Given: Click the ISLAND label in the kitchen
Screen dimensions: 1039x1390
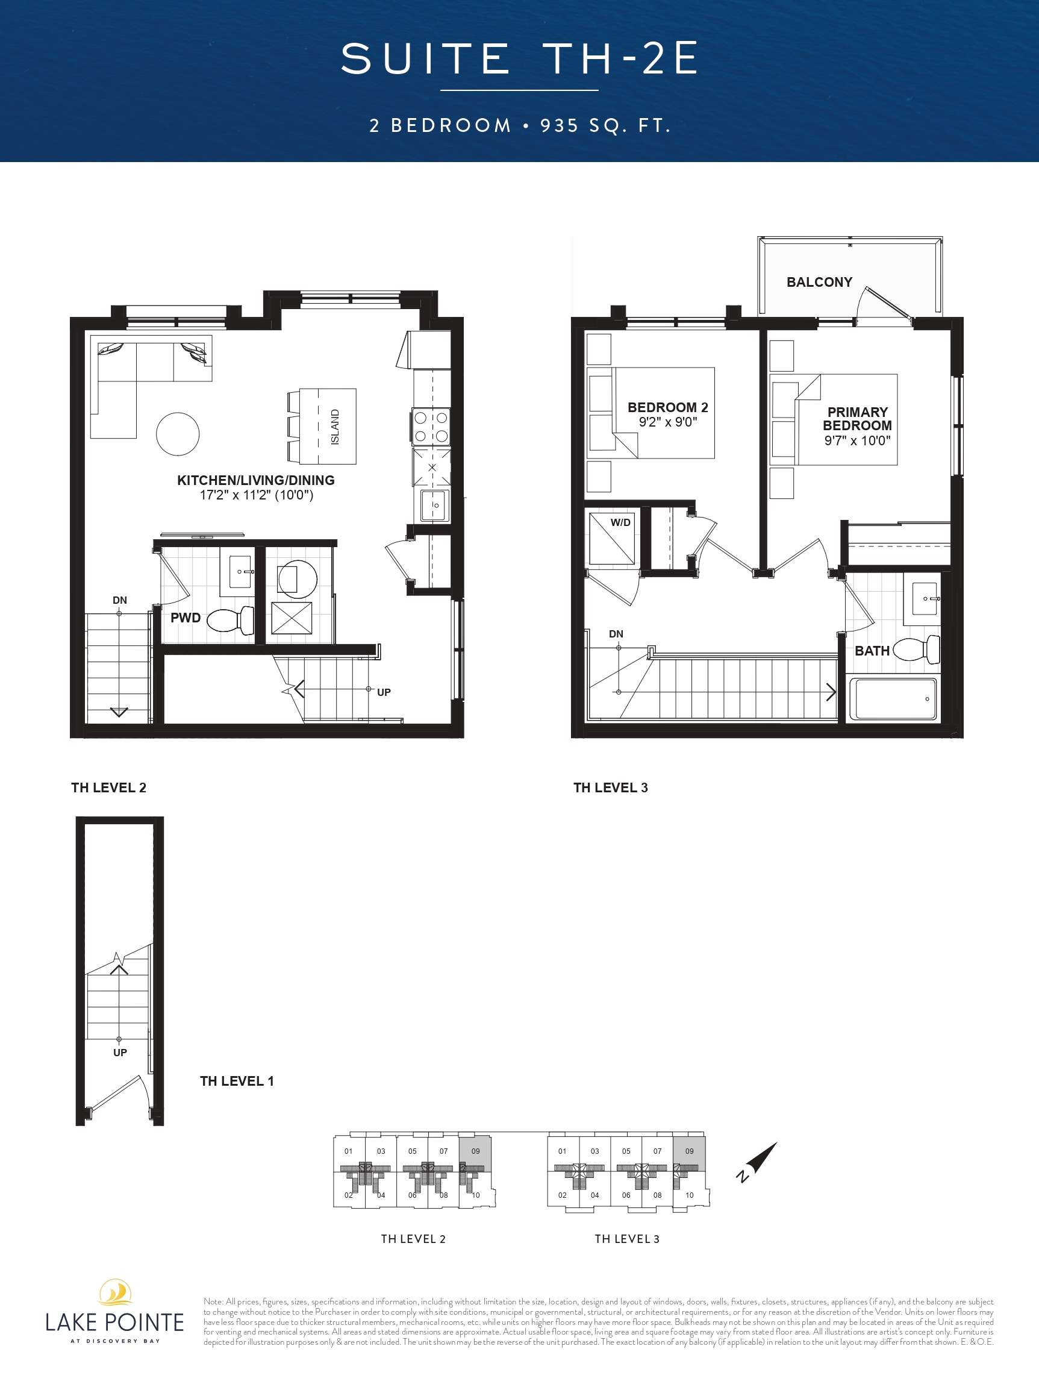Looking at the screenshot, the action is [335, 427].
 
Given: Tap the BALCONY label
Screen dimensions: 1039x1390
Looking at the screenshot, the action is [819, 282].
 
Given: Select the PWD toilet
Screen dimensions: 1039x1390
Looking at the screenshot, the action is [231, 620].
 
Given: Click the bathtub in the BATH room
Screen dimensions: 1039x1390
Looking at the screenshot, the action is [893, 699].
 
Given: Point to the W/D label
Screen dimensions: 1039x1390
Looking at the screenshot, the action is [620, 522].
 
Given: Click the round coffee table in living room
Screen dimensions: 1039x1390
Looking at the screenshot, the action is [178, 434].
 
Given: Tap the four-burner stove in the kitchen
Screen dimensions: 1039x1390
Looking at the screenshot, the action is [431, 426].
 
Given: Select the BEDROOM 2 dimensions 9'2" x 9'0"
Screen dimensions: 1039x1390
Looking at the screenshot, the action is [668, 422].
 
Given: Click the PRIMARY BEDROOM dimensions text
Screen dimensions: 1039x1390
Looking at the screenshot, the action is [858, 440].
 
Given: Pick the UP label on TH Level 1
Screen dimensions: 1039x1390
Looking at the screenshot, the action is [120, 1053].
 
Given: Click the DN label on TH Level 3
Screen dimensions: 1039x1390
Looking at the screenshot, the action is [616, 634].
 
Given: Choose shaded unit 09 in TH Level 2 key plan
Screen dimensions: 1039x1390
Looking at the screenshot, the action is [475, 1153].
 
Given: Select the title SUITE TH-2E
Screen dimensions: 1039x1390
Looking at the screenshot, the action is [519, 58].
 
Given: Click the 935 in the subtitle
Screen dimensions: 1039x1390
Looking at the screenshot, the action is [559, 126].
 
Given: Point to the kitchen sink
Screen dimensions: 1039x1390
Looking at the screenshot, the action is [435, 506].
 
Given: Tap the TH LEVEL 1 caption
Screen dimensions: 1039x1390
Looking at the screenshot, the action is [237, 1081].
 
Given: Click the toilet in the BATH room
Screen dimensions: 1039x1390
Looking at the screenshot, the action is [917, 649].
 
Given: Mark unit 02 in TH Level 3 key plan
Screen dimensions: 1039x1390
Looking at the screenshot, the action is [562, 1195].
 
